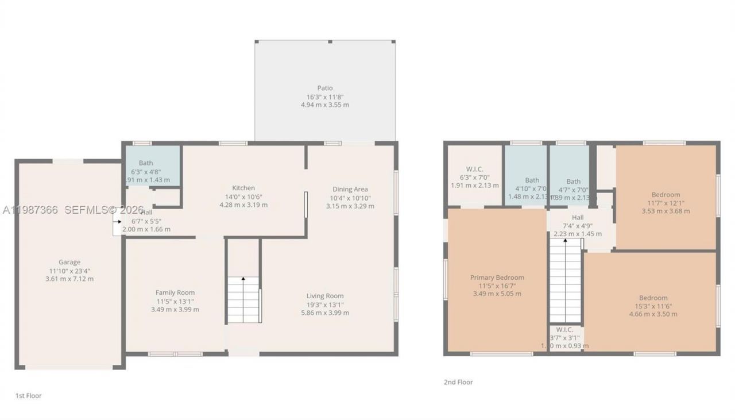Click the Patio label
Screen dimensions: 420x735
325,88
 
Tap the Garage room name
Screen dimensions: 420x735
69,263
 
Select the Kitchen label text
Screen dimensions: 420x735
243,188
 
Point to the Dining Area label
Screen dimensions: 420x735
350,189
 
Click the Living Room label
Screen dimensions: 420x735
325,296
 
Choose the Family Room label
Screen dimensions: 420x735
175,292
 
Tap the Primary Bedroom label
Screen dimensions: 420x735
497,278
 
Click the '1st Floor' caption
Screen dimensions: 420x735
28,396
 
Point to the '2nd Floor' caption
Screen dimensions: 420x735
458,382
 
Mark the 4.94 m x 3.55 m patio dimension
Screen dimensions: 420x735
325,105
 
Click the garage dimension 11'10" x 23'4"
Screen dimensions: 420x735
69,271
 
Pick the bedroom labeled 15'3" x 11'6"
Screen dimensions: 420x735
653,306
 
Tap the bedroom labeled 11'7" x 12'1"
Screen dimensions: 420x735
666,203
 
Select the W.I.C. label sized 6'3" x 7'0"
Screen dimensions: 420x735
474,177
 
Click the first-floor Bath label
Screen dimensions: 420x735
146,163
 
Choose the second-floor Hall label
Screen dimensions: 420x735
578,218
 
